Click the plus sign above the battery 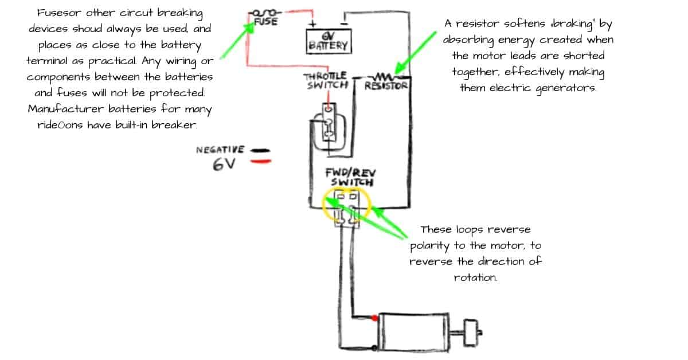[313, 24]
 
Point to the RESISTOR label [386, 86]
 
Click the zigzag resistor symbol [383, 76]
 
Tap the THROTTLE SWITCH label [325, 80]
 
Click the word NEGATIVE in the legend [221, 150]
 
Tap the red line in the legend [261, 161]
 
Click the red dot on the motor [374, 317]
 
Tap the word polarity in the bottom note [431, 246]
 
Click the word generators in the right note [565, 88]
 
